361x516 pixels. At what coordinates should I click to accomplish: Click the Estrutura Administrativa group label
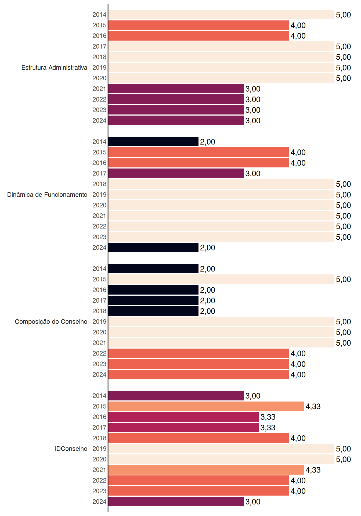pos(54,67)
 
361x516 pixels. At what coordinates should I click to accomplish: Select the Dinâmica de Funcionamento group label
pos(47,195)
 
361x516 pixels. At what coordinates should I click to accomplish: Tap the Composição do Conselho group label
pos(51,322)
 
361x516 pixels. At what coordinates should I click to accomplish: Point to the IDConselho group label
pos(71,449)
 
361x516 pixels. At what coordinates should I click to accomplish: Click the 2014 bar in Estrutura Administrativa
pos(221,15)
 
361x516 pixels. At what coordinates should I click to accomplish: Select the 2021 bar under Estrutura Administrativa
pos(176,89)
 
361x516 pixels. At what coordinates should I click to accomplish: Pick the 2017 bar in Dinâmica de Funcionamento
pos(176,173)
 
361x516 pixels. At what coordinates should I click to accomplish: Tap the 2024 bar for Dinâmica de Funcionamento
pos(153,248)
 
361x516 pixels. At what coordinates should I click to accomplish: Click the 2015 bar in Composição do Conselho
pos(221,279)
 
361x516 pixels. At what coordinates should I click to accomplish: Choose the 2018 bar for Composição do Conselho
pos(153,311)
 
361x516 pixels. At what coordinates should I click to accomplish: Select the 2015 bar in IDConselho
pos(206,406)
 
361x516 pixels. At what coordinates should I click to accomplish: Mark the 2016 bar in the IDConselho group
pos(183,417)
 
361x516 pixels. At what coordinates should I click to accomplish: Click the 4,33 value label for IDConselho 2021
pos(313,470)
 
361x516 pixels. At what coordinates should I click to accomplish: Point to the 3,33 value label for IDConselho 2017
pos(268,428)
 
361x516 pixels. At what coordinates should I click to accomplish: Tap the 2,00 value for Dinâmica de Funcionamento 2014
pos(208,142)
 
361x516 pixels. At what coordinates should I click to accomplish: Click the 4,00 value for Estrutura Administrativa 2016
pos(298,36)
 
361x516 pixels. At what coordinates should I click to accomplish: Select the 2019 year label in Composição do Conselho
pos(99,322)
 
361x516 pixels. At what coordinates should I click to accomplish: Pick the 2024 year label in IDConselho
pos(99,501)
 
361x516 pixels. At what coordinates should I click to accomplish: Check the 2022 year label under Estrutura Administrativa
pos(99,99)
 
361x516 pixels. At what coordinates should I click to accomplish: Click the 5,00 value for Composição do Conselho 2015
pos(344,279)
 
